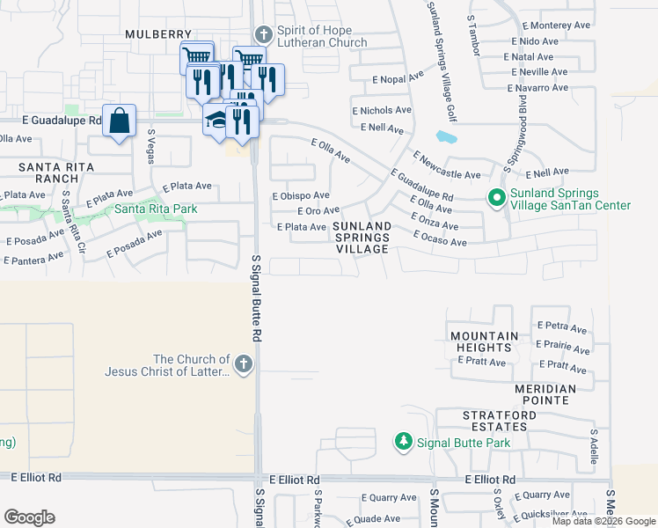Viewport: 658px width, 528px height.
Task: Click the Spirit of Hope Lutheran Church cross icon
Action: (262, 35)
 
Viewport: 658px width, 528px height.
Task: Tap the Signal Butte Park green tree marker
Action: (403, 440)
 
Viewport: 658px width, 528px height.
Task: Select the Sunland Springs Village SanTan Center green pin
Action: (497, 200)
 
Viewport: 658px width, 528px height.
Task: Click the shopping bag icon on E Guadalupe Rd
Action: (119, 120)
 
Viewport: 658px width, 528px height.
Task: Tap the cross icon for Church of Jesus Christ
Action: (244, 364)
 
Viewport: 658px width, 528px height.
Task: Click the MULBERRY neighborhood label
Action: (157, 33)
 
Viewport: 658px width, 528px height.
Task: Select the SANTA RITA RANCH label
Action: (60, 172)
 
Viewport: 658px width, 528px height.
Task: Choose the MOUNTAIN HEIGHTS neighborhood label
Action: (484, 342)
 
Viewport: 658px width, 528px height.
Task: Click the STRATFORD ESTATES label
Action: (495, 421)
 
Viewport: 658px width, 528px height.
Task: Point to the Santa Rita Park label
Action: (156, 209)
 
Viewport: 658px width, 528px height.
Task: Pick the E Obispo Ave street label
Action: (301, 195)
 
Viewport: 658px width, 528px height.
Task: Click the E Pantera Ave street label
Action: (33, 258)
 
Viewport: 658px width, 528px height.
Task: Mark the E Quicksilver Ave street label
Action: (552, 513)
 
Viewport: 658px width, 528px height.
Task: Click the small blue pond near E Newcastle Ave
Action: (446, 139)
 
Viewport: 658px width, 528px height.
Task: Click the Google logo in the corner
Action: (29, 517)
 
